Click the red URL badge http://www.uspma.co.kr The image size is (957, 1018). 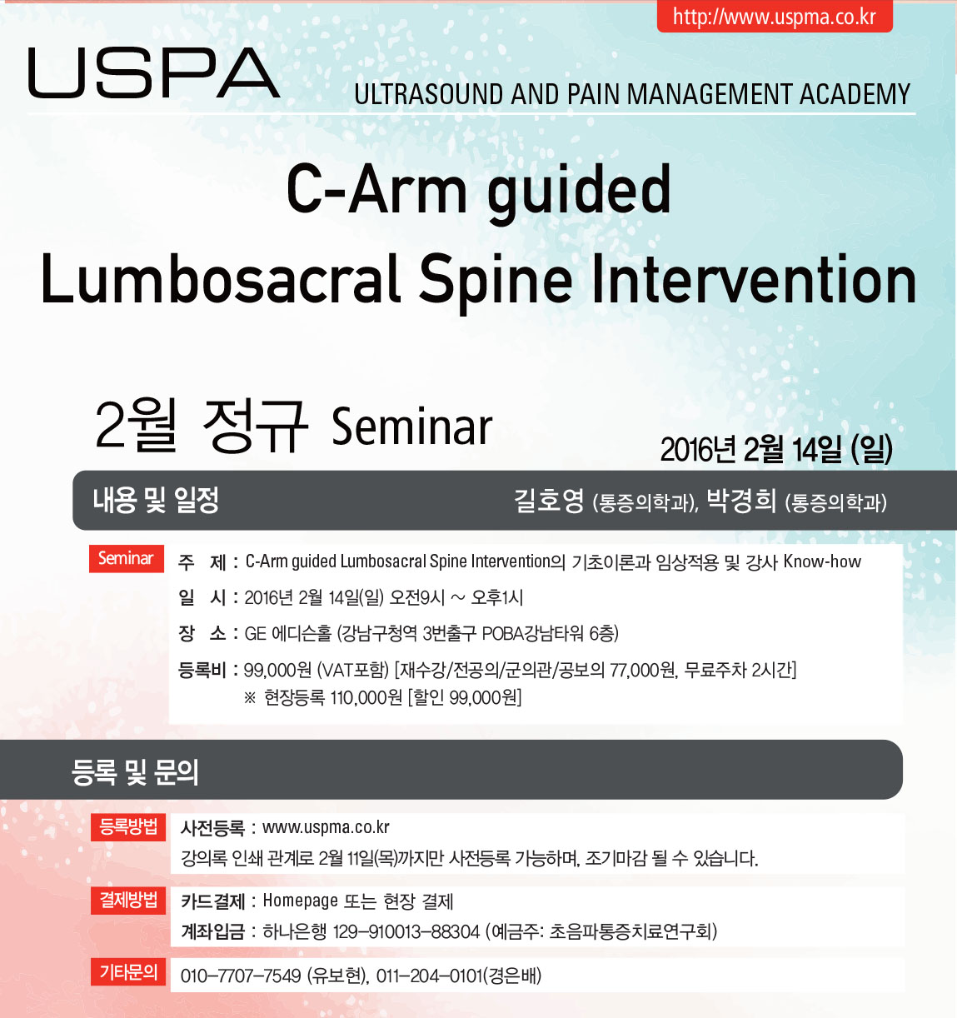775,16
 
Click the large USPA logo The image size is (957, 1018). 154,72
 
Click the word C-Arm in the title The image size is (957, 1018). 376,189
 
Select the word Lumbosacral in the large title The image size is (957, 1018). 220,280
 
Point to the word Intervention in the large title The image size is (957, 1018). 754,280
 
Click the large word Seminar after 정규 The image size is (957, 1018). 411,427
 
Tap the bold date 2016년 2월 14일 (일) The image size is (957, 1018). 776,450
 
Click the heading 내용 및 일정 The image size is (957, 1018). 156,500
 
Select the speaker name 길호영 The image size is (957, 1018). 549,501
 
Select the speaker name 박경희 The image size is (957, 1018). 741,501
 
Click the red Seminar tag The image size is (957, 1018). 126,558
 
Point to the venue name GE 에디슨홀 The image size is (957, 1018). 288,634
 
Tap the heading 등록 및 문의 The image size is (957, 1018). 135,772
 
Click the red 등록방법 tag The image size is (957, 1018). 128,826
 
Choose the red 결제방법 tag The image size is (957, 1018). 128,900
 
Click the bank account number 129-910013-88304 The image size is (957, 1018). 406,931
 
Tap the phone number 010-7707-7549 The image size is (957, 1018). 241,976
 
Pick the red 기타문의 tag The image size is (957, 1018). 128,971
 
